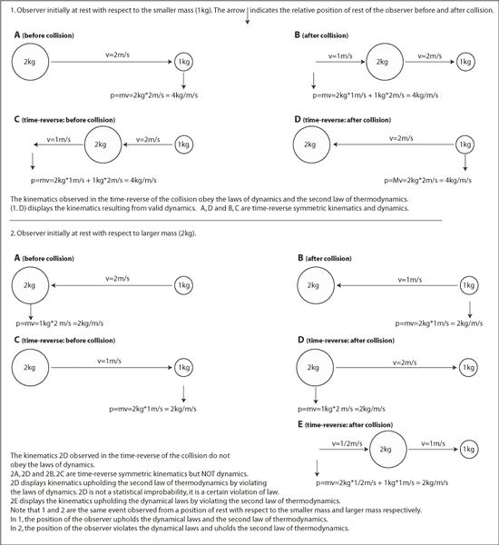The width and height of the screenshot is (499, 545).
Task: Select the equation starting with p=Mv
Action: pyautogui.click(x=428, y=181)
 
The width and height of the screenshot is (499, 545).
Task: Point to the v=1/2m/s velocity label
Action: pyautogui.click(x=347, y=444)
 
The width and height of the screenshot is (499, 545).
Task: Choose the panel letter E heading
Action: pyautogui.click(x=300, y=424)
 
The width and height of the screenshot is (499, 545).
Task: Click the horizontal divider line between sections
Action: pyautogui.click(x=226, y=220)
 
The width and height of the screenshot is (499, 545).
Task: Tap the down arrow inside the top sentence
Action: pyautogui.click(x=248, y=15)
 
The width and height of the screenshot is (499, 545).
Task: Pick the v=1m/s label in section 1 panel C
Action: pyautogui.click(x=59, y=139)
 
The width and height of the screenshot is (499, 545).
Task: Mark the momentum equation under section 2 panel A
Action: pyautogui.click(x=59, y=323)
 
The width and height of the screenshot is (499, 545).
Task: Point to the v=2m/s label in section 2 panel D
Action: pyautogui.click(x=405, y=362)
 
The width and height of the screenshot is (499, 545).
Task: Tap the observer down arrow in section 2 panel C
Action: pyautogui.click(x=183, y=394)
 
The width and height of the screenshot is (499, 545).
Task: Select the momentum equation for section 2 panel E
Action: pyautogui.click(x=382, y=483)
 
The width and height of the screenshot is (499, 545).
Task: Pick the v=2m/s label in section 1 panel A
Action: pyautogui.click(x=118, y=54)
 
